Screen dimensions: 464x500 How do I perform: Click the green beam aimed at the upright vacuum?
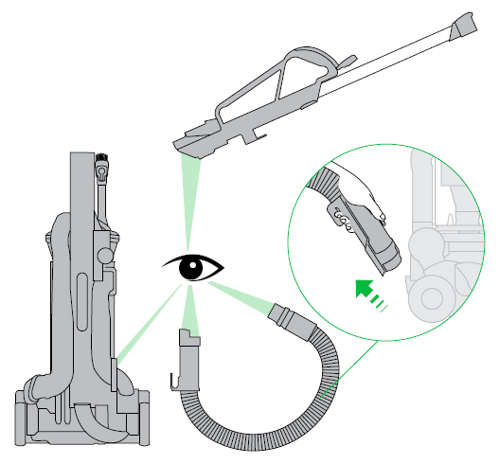coord(142,327)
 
